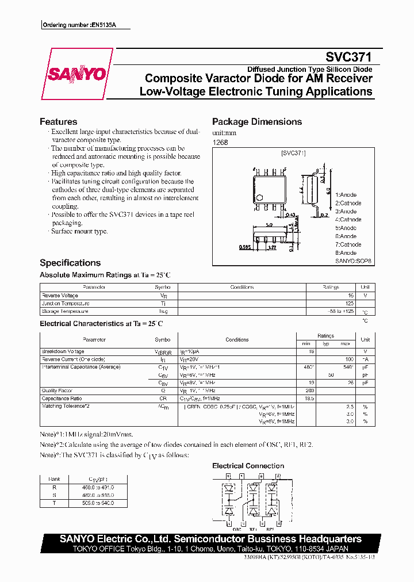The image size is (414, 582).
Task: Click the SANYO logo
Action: [76, 74]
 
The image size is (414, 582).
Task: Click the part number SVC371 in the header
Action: [348, 57]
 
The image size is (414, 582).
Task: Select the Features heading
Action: [58, 122]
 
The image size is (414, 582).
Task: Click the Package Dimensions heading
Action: [256, 122]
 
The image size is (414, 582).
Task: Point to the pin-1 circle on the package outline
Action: [259, 198]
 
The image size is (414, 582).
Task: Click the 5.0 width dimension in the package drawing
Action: [269, 225]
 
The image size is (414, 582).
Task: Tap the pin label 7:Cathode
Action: [348, 244]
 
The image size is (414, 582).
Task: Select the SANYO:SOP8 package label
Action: [353, 261]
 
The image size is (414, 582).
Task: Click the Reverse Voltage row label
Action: [59, 296]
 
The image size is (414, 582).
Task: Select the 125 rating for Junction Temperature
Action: [349, 303]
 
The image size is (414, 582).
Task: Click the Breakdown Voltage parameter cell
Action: [63, 351]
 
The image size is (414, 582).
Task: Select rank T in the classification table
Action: [55, 503]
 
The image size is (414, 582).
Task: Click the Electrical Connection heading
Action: [248, 466]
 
